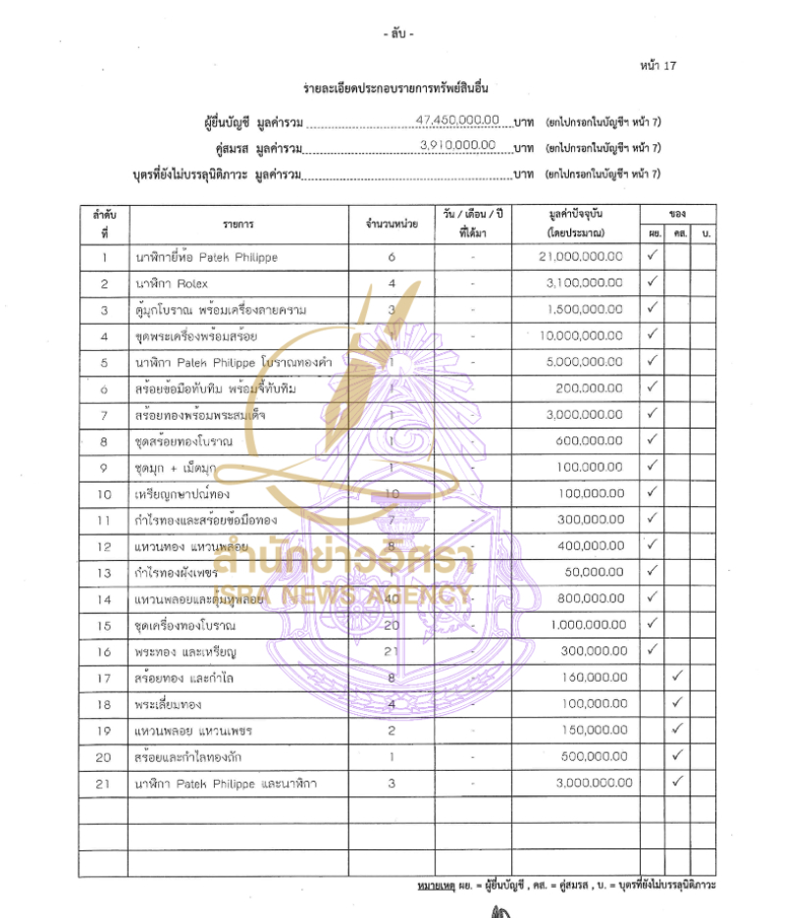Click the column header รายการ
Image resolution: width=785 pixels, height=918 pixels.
click(x=238, y=224)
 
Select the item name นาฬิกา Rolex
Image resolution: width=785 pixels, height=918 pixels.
click(x=172, y=283)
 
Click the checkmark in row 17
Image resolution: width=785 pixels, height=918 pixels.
click(x=677, y=676)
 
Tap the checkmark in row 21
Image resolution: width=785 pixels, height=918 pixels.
click(x=677, y=782)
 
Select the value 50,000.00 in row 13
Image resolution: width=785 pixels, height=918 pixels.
click(x=597, y=570)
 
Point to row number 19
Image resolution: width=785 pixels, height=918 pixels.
click(x=104, y=730)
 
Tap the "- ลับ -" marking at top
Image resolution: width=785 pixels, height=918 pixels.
click(x=398, y=34)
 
